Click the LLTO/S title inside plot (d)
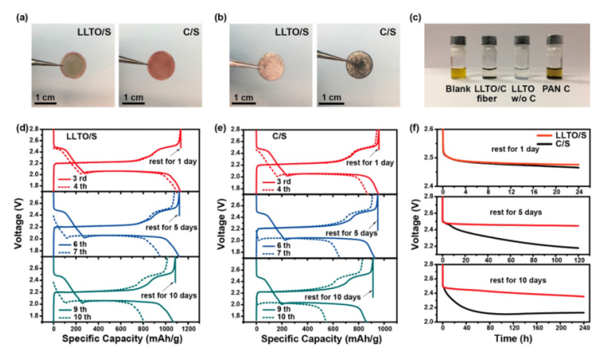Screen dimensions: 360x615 tap(85, 138)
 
